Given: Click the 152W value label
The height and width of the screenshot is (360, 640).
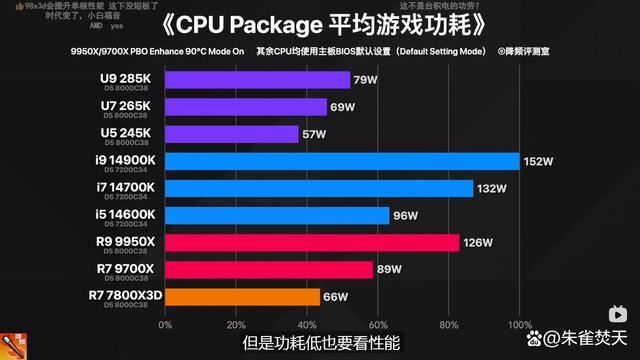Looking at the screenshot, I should [536, 161].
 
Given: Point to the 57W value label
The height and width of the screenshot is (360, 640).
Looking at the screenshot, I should [313, 134].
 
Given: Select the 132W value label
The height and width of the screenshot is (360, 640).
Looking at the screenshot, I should [491, 188].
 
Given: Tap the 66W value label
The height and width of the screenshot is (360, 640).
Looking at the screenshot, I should [335, 296].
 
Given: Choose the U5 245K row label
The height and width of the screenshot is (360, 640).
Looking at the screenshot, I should [127, 132].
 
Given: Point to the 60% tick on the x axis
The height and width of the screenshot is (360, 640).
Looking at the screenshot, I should [377, 325].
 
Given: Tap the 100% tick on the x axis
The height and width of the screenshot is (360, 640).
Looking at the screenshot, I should [519, 325].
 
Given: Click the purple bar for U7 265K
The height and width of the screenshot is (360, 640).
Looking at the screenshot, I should [245, 107].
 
